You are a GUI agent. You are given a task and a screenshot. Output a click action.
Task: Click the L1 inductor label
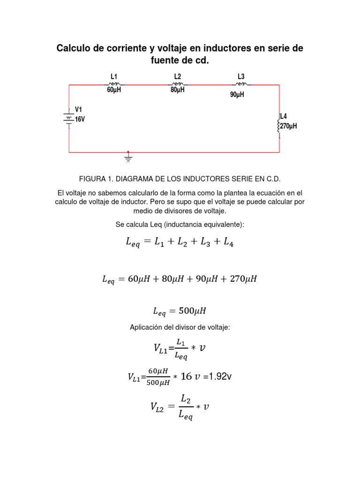pos(114,76)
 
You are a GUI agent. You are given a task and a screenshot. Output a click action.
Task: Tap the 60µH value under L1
pos(114,90)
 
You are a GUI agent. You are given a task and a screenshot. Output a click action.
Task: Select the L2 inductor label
pos(177,76)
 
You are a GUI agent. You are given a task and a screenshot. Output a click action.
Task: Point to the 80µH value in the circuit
pos(177,90)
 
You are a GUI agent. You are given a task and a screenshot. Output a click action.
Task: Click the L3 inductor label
pos(241,76)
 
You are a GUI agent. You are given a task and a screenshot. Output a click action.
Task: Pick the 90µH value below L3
pos(237,95)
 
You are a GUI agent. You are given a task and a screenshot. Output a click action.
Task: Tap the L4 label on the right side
pos(284,116)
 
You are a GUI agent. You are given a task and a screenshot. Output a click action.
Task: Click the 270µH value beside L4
pos(289,127)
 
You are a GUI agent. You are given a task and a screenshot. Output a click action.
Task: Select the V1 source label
pos(79,109)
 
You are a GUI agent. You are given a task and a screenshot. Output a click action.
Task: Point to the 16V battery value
pos(80,120)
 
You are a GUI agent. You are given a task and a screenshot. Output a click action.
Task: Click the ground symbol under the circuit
pos(128,158)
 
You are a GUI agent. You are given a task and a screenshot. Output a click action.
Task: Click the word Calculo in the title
pos(75,48)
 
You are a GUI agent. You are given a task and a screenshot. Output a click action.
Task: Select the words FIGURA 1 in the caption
pos(96,180)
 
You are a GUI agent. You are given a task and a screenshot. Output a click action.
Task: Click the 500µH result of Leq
pos(193,310)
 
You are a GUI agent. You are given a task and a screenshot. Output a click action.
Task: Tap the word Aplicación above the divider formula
pos(146,327)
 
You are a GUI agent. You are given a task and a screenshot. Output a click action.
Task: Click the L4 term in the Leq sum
pos(228,242)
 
